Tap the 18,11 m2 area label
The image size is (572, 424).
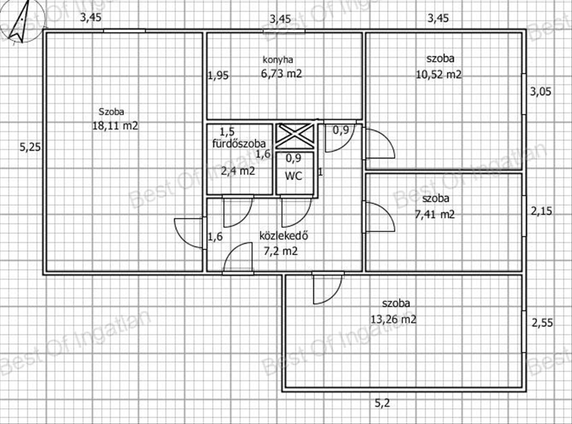[x=115, y=126]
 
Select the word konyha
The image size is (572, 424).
[x=278, y=60]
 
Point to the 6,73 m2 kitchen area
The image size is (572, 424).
[x=281, y=74]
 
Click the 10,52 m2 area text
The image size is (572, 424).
[x=439, y=75]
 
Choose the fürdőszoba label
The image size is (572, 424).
[x=239, y=143]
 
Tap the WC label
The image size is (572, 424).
[x=294, y=176]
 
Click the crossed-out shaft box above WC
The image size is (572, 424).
[x=295, y=136]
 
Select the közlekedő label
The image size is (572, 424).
[x=284, y=236]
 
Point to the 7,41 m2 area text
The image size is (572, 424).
[x=435, y=214]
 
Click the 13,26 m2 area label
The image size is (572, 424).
[x=393, y=320]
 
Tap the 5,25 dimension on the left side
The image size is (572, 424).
[x=30, y=147]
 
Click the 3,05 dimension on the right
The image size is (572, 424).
[x=541, y=92]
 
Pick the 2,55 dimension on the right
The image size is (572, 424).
[x=542, y=323]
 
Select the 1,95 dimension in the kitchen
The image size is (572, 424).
[x=218, y=76]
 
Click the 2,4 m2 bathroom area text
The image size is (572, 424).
[x=238, y=171]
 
